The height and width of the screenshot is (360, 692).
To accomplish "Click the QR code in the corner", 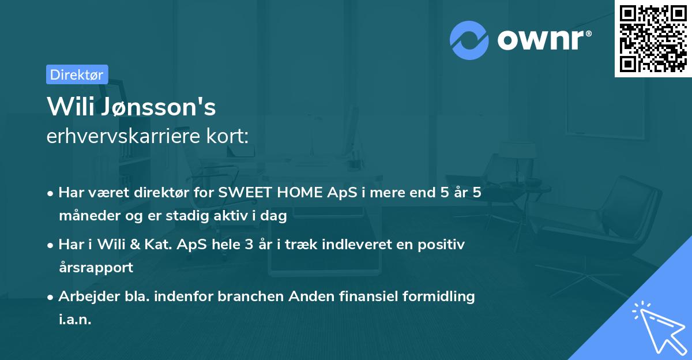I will tap(653, 38).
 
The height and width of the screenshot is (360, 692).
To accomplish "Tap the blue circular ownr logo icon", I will tap(469, 40).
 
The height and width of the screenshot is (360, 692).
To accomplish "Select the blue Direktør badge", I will tap(77, 74).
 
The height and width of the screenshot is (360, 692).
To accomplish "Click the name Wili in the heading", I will tap(69, 106).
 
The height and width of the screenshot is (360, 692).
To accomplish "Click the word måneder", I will tap(84, 216).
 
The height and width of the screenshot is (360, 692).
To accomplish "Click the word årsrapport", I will tap(96, 268).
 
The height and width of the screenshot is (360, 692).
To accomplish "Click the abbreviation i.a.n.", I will tap(75, 320).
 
